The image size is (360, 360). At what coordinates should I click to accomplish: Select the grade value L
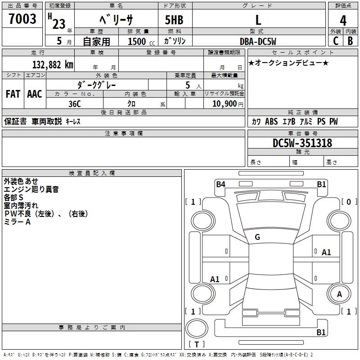coord(258,20)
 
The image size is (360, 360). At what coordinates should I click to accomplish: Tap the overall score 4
coord(343,21)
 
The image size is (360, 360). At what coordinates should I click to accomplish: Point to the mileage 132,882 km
coord(53,64)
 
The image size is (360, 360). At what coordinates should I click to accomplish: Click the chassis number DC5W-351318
coord(302,143)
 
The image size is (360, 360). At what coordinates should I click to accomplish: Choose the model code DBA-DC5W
coord(258,41)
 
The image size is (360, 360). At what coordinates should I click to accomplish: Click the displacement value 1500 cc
coord(140,41)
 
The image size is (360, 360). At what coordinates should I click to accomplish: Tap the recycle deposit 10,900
coord(224,103)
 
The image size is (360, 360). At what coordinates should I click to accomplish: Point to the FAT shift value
coord(13,94)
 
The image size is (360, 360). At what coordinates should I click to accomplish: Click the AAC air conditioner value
coord(35,94)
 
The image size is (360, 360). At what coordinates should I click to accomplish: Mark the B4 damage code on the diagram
coord(220,184)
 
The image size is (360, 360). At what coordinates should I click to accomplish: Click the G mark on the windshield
coord(257,237)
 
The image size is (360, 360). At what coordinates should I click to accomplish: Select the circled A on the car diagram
coord(340,294)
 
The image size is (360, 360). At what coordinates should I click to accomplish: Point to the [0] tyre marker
coord(348,202)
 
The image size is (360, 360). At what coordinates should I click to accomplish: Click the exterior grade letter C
coord(335,40)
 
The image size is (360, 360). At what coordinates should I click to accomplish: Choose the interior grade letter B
coord(350,40)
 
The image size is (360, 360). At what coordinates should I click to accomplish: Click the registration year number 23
coord(59,24)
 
